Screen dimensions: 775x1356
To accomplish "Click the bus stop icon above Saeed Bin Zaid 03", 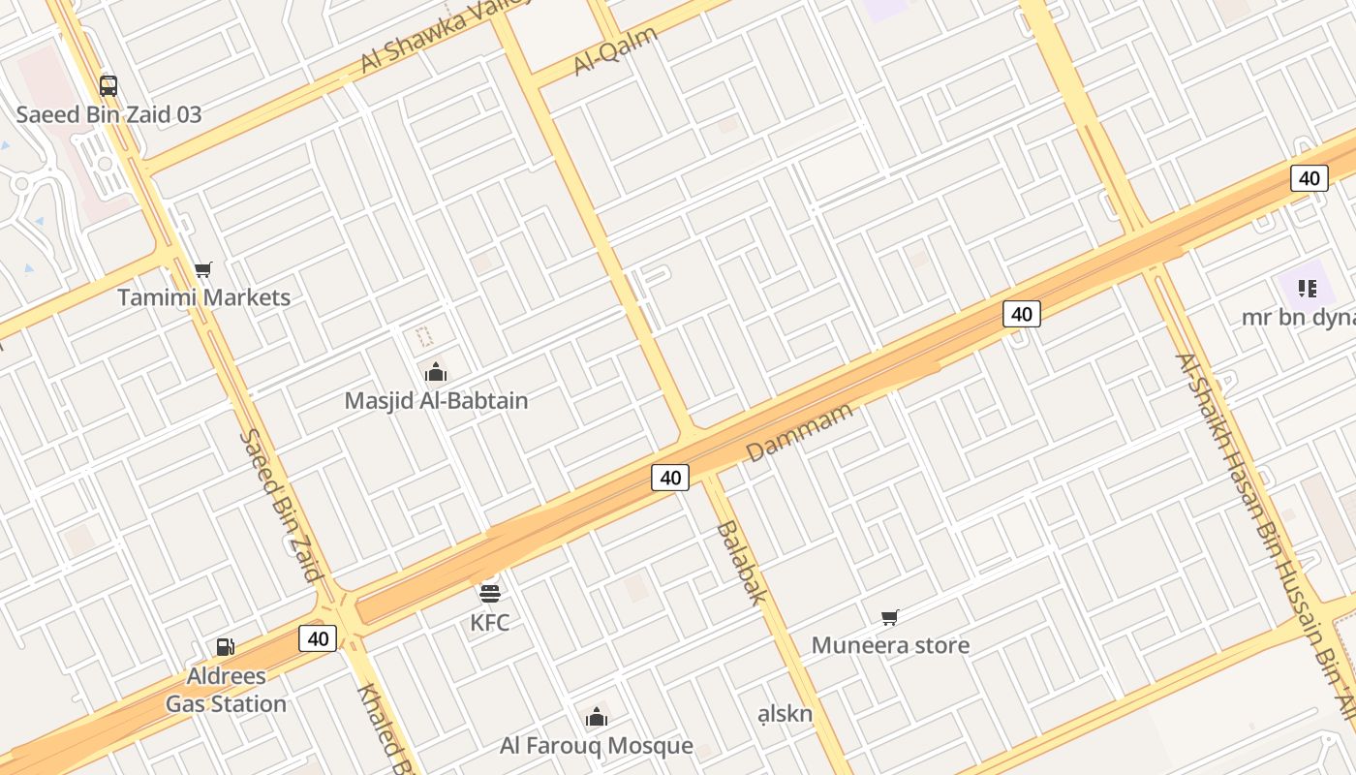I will pos(108,85).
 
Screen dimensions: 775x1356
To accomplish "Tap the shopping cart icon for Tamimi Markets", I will pos(202,269).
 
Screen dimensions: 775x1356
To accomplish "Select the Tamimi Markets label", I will pos(203,297).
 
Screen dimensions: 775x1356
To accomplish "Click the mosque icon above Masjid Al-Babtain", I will pos(436,372).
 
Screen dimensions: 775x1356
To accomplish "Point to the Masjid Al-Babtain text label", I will pos(436,400).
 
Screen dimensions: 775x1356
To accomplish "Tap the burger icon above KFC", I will pos(490,593).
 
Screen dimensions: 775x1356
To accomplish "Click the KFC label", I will pos(490,622).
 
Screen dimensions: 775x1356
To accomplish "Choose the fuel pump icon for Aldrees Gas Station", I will pos(225,647).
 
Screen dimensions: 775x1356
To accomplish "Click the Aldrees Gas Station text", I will pos(226,690).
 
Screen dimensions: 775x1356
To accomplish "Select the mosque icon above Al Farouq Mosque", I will pos(597,718).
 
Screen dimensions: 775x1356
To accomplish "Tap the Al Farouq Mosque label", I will pos(597,746).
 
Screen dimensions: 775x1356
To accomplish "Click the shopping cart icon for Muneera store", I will pos(890,617).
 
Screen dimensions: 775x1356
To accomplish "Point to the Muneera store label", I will pos(890,645).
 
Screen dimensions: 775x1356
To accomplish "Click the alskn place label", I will pos(785,714).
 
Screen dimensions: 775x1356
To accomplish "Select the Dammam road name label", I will pos(800,431).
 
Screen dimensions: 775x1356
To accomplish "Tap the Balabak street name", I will pos(742,562).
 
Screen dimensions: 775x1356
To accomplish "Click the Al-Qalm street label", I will pos(615,50).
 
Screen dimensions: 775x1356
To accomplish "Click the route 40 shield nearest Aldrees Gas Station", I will pos(318,638).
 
